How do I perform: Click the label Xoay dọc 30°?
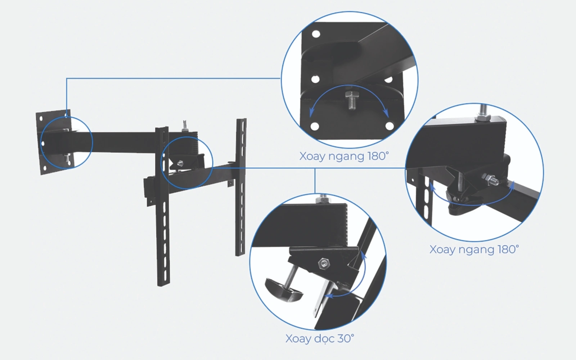click(x=320, y=339)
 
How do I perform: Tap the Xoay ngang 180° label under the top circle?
click(x=344, y=156)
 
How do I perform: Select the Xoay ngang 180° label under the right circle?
click(x=474, y=249)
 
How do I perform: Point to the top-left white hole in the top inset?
click(x=316, y=34)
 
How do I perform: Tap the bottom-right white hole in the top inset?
click(x=390, y=126)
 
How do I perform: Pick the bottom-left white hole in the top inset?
click(x=315, y=126)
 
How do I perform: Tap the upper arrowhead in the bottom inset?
click(x=363, y=255)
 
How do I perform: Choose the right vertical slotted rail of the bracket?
click(x=241, y=187)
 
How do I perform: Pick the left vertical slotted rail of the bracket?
click(x=162, y=206)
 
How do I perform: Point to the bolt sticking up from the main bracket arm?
click(x=184, y=126)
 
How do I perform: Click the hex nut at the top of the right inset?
click(x=483, y=118)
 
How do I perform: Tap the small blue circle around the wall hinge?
click(x=67, y=142)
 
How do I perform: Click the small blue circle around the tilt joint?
click(x=187, y=163)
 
